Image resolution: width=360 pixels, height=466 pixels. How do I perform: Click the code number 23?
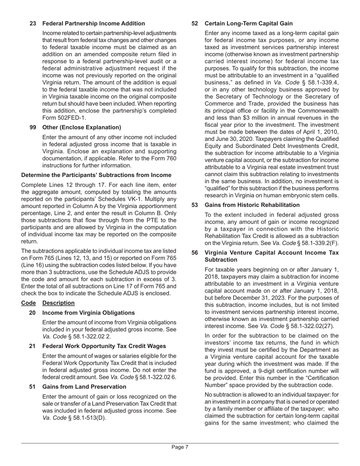click(x=33, y=23)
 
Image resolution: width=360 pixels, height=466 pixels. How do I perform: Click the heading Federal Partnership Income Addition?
click(x=94, y=23)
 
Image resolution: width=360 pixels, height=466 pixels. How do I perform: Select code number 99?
click(x=33, y=127)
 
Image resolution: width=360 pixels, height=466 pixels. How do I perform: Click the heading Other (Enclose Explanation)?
click(x=82, y=127)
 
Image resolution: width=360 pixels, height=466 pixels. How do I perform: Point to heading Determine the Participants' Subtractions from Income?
click(x=96, y=175)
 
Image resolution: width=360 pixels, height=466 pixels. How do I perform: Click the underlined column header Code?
click(x=28, y=303)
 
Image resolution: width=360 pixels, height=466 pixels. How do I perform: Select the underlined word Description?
click(x=58, y=303)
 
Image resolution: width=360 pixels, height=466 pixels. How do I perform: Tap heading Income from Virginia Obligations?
click(x=88, y=313)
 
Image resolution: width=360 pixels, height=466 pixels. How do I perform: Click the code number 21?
click(x=33, y=346)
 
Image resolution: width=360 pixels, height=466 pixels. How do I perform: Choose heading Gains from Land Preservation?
click(x=84, y=387)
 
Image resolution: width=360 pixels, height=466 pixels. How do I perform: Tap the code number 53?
click(x=195, y=205)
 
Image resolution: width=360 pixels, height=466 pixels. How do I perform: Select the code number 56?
click(x=195, y=253)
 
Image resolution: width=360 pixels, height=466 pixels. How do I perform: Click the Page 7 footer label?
click(x=180, y=447)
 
